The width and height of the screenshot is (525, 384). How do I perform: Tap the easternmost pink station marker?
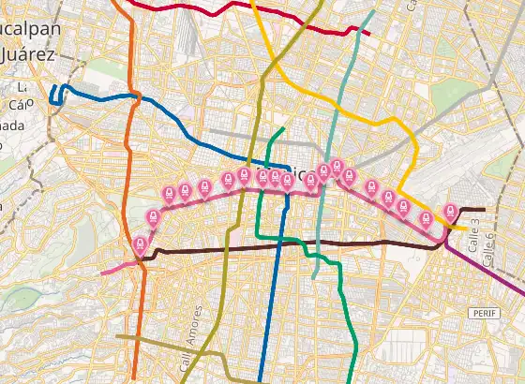click(451, 213)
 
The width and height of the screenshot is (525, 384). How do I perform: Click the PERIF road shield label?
click(482, 313)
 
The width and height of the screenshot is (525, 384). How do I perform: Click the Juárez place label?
click(22, 53)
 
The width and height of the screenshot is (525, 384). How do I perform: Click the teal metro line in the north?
click(349, 75)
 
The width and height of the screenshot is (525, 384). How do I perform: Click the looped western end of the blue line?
click(54, 95)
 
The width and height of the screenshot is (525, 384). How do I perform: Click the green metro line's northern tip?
click(281, 129)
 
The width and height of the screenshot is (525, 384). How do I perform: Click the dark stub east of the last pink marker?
click(472, 210)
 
